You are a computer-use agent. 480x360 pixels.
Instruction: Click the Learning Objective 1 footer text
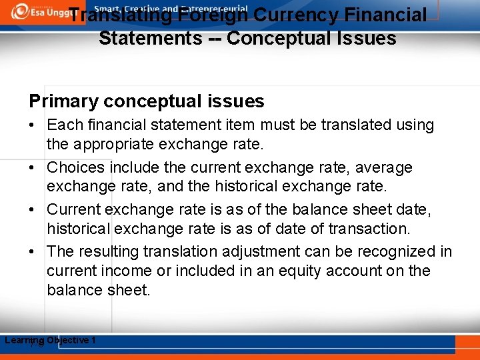click(51, 341)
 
